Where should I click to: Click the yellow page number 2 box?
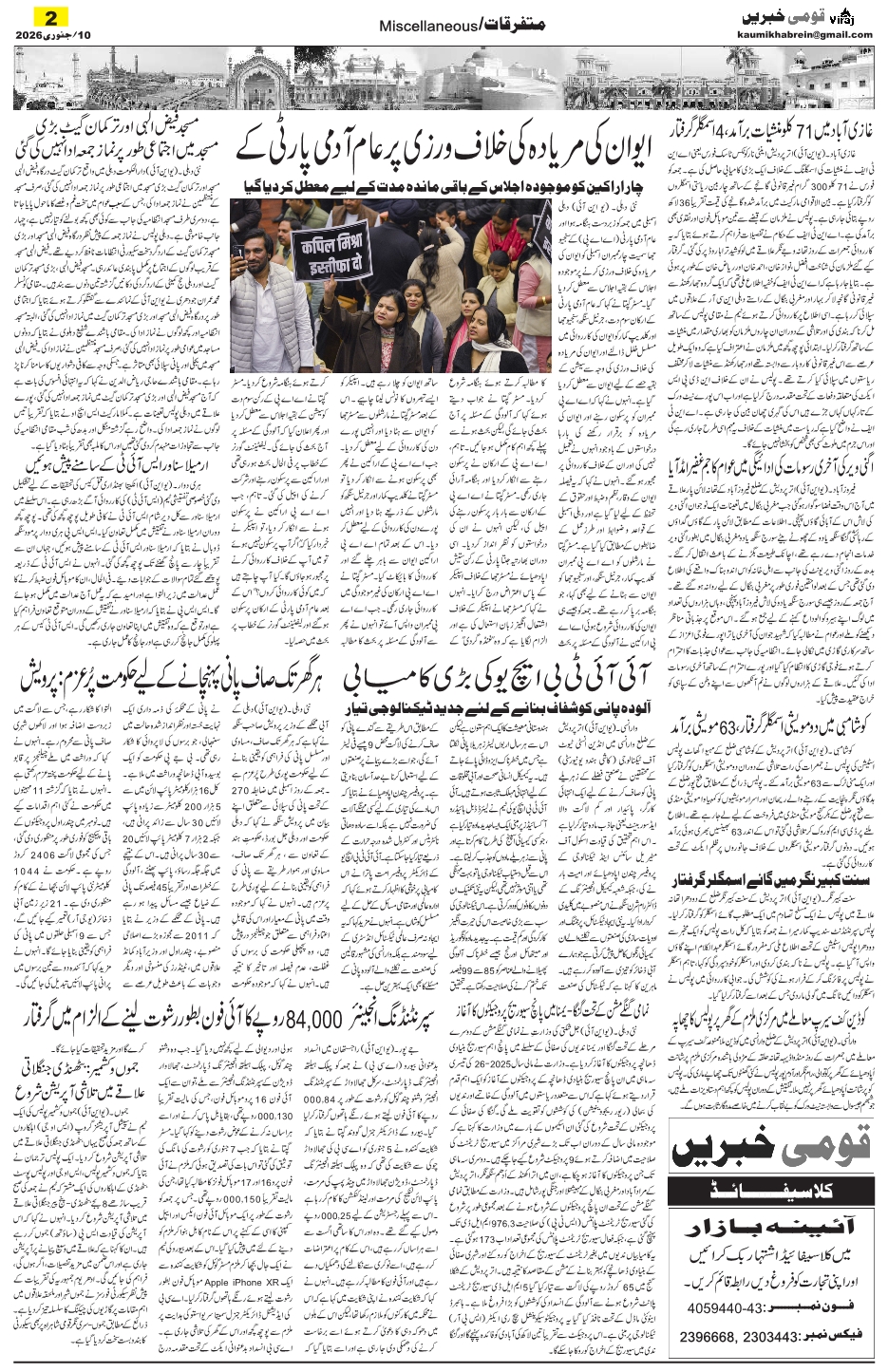[48, 17]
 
